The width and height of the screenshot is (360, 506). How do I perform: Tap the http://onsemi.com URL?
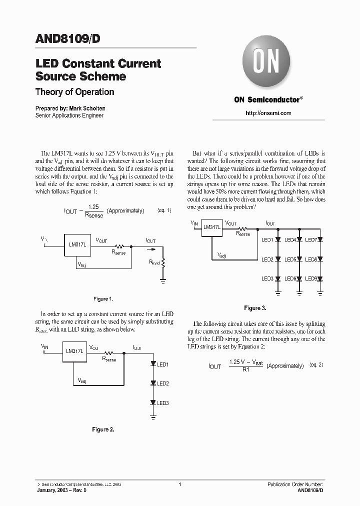[268, 113]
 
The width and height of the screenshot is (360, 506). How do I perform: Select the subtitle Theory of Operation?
[74, 92]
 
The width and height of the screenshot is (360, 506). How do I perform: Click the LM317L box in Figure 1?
[77, 244]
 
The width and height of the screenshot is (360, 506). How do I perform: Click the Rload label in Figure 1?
[155, 262]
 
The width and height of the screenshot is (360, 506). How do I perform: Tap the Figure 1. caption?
[103, 299]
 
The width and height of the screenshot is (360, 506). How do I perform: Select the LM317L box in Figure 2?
[74, 351]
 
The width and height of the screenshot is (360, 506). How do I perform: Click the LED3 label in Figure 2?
[162, 403]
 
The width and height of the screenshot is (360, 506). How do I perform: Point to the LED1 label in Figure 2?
[162, 365]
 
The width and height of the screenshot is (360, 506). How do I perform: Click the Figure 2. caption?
[103, 429]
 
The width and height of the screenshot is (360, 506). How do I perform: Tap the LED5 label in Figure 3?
[290, 259]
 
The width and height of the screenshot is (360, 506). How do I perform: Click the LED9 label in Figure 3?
[311, 278]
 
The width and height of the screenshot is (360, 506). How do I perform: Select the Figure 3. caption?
[255, 308]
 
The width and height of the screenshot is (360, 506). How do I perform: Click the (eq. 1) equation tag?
[163, 210]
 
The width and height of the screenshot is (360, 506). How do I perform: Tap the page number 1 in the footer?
[179, 484]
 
